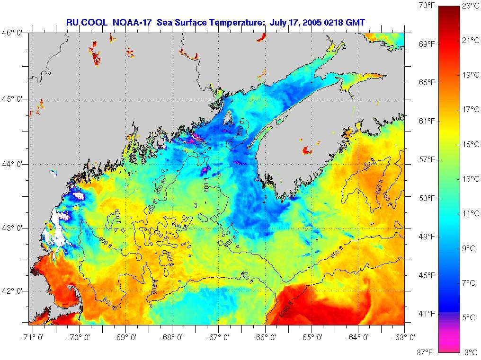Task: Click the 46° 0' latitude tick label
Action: click(x=14, y=33)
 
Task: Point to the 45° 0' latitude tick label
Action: click(x=14, y=99)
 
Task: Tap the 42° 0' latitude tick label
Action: click(x=14, y=290)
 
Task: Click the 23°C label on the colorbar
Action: click(x=470, y=6)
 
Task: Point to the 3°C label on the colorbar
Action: click(x=470, y=352)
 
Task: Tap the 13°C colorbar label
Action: click(x=470, y=179)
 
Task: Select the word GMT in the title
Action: click(x=356, y=22)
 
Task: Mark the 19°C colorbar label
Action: click(x=470, y=75)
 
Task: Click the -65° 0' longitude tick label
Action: click(x=312, y=338)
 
